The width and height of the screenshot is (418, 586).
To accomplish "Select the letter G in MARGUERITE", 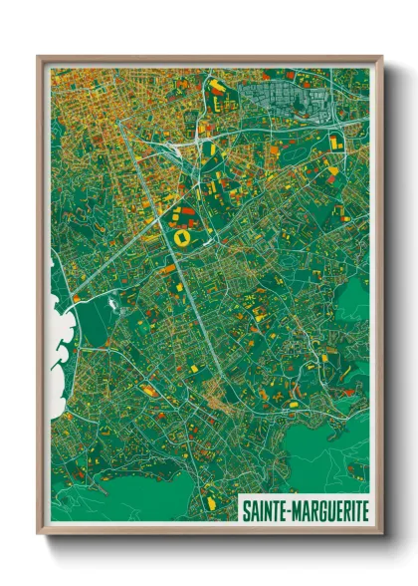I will pyautogui.click(x=320, y=510).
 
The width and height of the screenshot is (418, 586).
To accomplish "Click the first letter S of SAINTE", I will pyautogui.click(x=246, y=510).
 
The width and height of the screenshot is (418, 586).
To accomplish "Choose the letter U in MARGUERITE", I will pyautogui.click(x=329, y=510).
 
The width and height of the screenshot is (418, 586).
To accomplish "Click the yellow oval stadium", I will pyautogui.click(x=182, y=239).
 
